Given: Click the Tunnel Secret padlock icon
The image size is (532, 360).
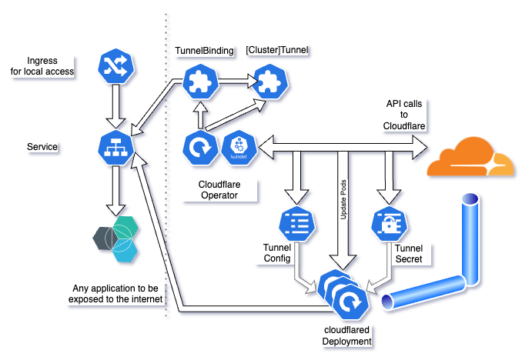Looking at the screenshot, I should (x=389, y=223).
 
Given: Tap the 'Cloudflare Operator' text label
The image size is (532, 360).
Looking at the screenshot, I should (x=209, y=190).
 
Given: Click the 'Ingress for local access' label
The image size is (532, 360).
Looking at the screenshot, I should (x=43, y=66).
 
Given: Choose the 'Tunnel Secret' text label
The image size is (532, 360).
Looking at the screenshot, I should (x=408, y=254).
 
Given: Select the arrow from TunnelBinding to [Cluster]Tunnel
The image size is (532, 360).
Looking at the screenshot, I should (x=234, y=79).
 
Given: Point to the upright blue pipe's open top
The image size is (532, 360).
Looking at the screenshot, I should (x=470, y=202).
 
